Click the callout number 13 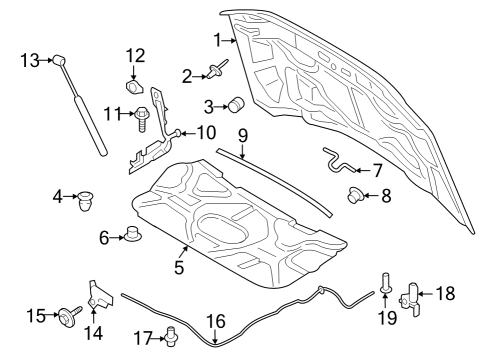coord(29,61)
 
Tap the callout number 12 coord(135,55)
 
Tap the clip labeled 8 coord(355,195)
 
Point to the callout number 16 coord(216,320)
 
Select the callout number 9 coord(242,133)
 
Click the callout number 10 coord(205,133)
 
